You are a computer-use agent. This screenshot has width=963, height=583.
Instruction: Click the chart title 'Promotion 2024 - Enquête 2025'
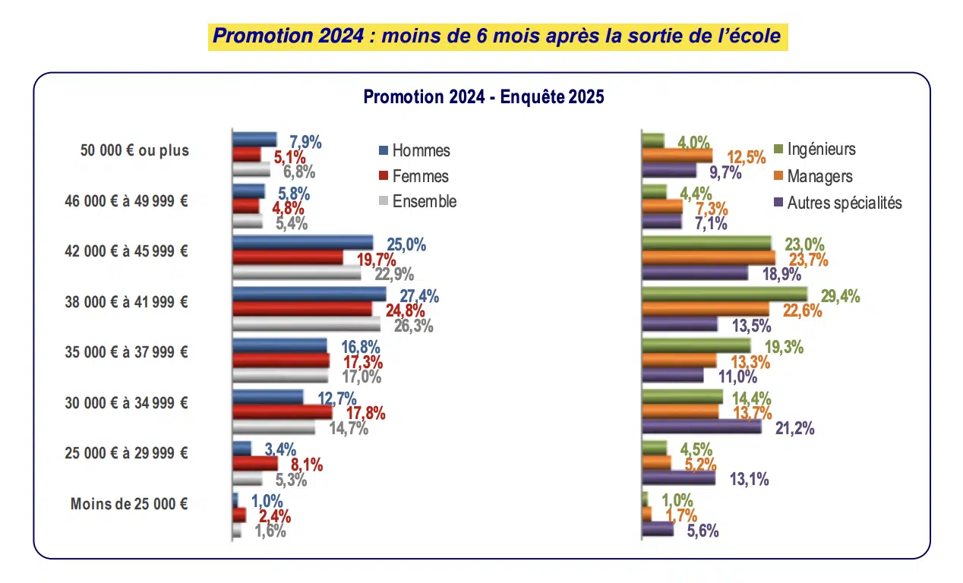point(483,97)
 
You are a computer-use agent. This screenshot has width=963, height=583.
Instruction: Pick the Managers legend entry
point(819,176)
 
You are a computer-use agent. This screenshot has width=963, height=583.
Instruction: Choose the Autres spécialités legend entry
point(844,203)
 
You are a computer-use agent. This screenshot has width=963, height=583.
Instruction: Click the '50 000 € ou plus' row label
point(134,150)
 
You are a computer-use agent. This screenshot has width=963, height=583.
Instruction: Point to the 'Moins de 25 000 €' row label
point(129,503)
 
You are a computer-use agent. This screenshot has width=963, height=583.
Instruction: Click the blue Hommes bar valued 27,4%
point(308,294)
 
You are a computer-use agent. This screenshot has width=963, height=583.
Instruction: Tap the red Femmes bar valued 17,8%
point(282,412)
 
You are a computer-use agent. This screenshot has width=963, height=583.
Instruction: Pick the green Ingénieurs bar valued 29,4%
point(725,294)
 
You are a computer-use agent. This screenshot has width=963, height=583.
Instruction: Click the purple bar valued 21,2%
point(702,427)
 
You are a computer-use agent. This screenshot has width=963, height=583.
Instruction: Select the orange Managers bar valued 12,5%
point(677,156)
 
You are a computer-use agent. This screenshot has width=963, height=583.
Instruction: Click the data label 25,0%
point(406,244)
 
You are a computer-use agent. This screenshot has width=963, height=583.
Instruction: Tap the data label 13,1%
point(749,478)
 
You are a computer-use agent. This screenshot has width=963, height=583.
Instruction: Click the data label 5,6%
point(703,531)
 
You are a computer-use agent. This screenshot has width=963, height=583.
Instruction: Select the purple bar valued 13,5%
point(680,324)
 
